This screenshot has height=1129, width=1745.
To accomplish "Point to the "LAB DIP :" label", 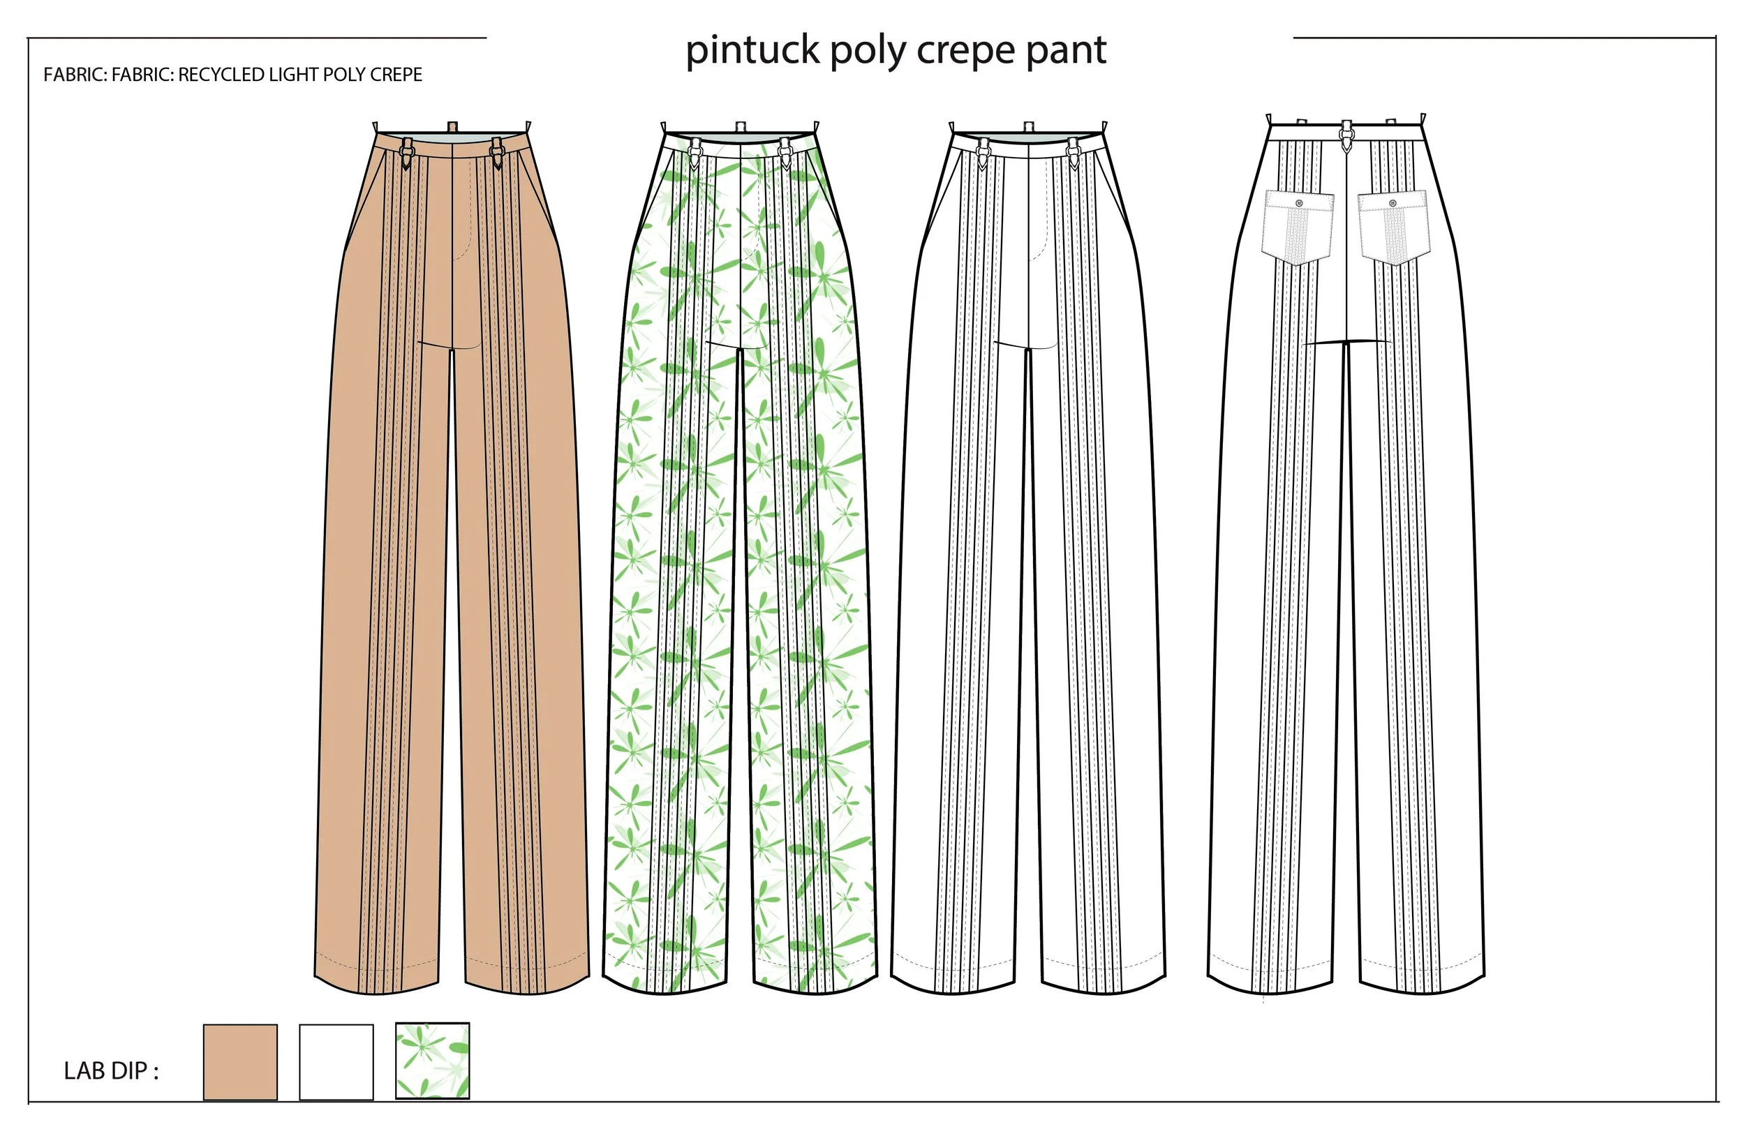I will (111, 1071).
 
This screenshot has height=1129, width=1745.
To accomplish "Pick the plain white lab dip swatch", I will (336, 1061).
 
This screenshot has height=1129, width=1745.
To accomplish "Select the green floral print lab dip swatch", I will (432, 1061).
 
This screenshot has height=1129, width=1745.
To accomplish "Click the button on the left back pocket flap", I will (1299, 203).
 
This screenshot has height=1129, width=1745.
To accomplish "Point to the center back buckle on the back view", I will (1346, 137).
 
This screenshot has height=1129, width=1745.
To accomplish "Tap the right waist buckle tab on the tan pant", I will (497, 154).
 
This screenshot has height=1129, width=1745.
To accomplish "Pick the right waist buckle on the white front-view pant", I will (1073, 154).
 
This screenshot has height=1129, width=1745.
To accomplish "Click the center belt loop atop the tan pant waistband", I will (452, 127).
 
